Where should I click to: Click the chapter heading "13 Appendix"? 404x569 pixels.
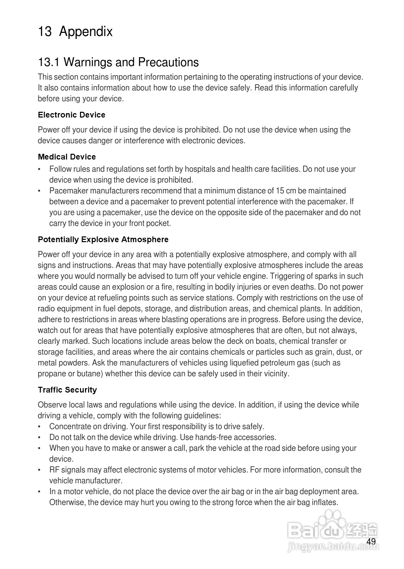click(75, 32)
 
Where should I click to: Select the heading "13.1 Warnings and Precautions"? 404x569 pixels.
click(118, 62)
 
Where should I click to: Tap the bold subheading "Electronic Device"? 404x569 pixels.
click(72, 115)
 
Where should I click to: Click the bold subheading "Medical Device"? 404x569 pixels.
click(67, 157)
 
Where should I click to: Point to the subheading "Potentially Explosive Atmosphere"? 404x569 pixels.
click(103, 239)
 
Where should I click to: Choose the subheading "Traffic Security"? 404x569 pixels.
click(67, 390)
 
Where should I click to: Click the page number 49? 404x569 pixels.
click(371, 542)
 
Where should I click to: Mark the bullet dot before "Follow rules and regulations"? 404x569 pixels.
click(40, 169)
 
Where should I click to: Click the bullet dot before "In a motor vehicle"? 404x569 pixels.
click(40, 491)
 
